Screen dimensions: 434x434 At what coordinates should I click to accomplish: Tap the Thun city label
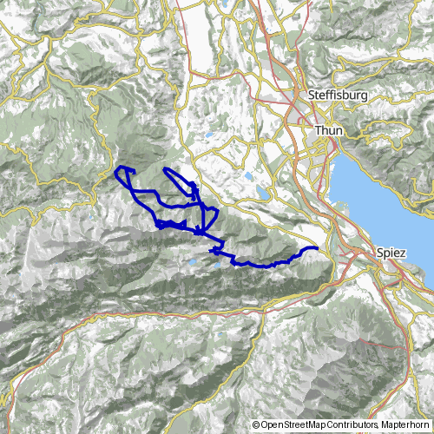pos(328,130)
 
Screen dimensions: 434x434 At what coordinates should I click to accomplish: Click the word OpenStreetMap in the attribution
pos(291,424)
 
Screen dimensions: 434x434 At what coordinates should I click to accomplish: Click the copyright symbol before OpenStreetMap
pos(255,424)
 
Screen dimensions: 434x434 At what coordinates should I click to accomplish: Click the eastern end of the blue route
pos(316,249)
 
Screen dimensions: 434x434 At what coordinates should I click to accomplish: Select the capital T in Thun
pos(318,130)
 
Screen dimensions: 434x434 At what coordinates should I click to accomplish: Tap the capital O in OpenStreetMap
pos(263,424)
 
